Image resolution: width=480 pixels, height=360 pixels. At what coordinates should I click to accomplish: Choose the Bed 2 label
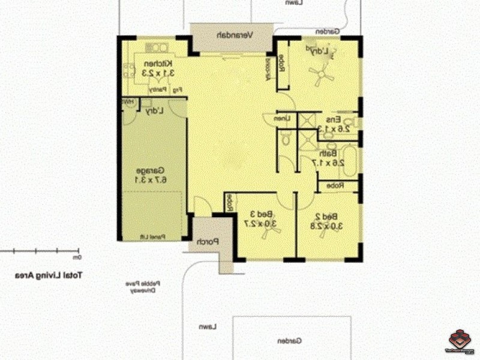click(x=329, y=217)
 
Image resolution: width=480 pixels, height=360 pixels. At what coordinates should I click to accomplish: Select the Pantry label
click(x=157, y=89)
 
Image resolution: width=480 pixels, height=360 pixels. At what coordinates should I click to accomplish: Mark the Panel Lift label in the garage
click(x=154, y=236)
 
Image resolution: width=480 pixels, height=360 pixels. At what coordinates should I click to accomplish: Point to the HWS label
click(x=128, y=103)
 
